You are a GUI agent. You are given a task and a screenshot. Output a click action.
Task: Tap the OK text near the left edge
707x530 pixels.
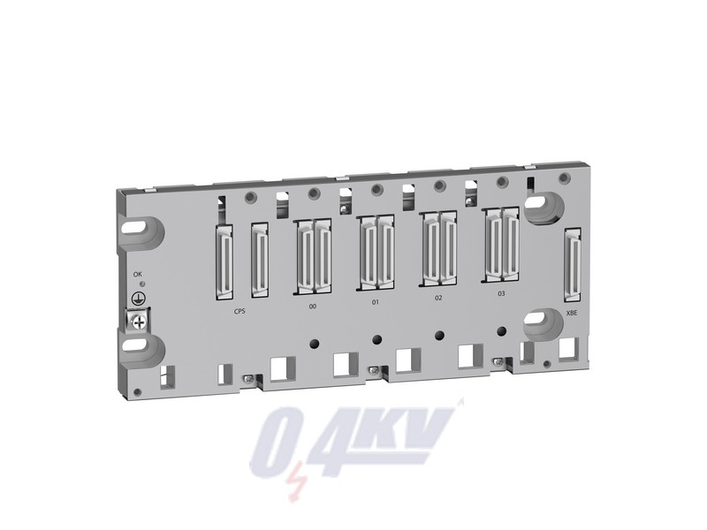click(x=137, y=275)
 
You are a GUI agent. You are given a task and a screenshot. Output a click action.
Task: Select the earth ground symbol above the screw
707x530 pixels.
click(x=138, y=303)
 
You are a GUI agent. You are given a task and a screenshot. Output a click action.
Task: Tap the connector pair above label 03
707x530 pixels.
click(x=501, y=243)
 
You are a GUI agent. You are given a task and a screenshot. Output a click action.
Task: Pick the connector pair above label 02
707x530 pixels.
click(x=438, y=248)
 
